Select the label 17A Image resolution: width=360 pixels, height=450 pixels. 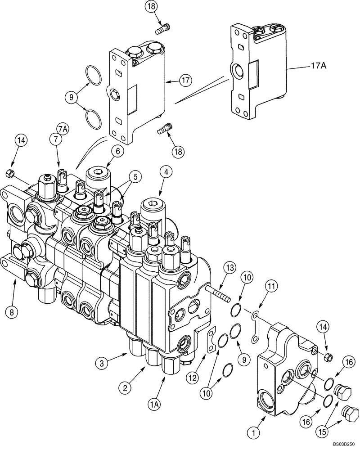click(318, 66)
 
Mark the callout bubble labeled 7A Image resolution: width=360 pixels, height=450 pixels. click(62, 129)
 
